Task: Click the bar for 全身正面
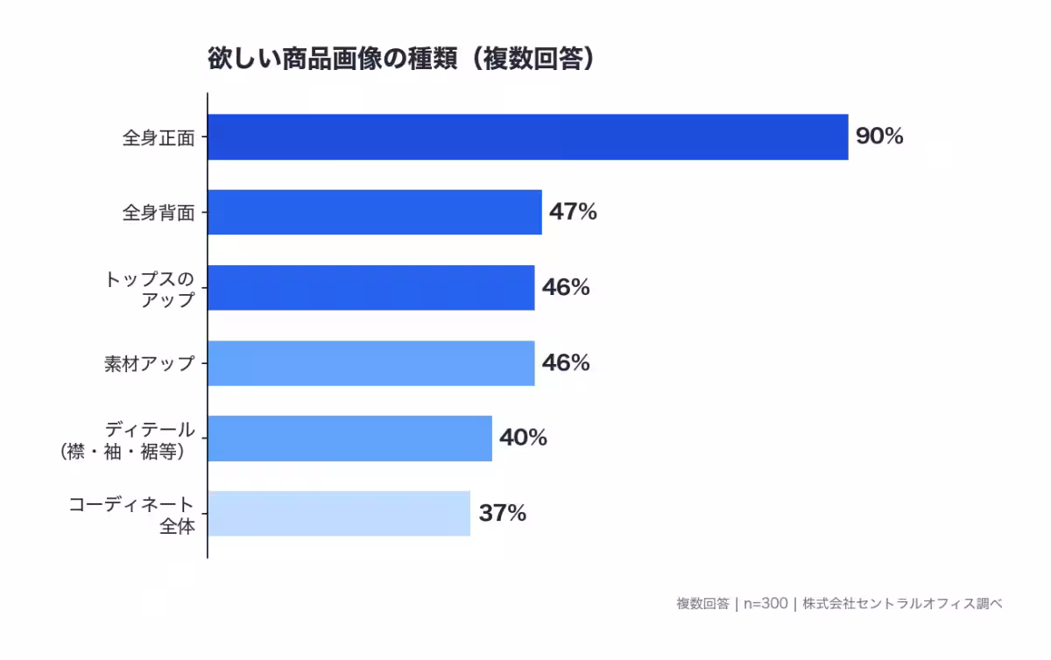[527, 137]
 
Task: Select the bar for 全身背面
[375, 212]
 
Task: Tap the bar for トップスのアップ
[371, 287]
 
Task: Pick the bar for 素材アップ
[371, 362]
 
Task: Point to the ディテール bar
[350, 438]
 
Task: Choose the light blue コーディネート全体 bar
[339, 513]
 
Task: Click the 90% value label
[879, 137]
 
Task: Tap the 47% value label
[573, 212]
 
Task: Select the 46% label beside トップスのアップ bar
[566, 287]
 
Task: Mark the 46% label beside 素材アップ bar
[566, 362]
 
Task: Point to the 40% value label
[523, 438]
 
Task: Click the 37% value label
[502, 513]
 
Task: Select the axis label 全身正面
[158, 138]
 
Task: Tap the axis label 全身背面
[158, 213]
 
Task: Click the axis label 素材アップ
[149, 363]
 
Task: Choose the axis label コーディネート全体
[131, 515]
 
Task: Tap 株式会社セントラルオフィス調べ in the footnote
[902, 604]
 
